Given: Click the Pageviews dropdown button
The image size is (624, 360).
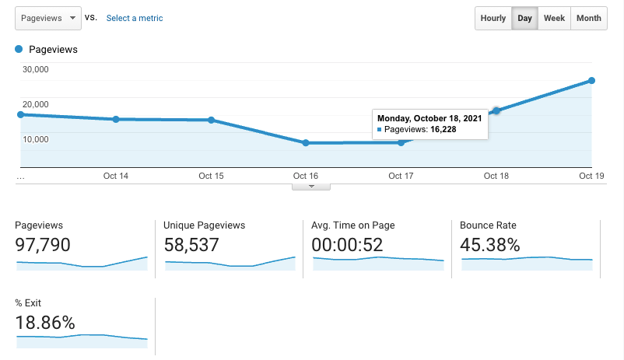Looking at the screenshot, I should pos(47,18).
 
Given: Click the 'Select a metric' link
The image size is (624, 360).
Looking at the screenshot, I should pos(135,18).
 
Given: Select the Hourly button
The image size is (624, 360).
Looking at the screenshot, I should pos(493,18).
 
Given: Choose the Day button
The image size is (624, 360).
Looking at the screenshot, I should pos(525,18).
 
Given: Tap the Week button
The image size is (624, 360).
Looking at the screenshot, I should pos(554,18).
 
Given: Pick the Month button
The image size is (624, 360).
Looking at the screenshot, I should pos(589,18).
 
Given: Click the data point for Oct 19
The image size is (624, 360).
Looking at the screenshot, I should pos(592,81).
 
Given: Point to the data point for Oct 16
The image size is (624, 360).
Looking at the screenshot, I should pos(306,143).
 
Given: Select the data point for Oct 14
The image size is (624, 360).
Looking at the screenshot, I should pos(116,119).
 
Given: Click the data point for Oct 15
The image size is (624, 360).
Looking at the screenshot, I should pos(211,120).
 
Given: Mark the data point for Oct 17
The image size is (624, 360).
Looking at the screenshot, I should pos(401,142).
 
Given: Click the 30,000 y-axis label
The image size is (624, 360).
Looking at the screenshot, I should pos(36,69).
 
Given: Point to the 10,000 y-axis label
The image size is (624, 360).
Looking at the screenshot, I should pos(36,140).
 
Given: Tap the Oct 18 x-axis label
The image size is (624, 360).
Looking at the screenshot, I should pos(496,177).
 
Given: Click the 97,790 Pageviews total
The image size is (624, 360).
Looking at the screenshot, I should pos(43,245).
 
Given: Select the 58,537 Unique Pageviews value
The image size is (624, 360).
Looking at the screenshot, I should pos(191,245).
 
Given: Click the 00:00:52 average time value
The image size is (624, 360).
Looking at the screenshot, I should pos(347,245).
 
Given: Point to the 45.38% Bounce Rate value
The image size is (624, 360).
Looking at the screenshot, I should pos(490,245).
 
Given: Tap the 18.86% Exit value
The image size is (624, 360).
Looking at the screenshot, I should pos(45,322).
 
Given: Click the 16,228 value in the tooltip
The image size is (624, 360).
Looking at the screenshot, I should pos(443,129).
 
